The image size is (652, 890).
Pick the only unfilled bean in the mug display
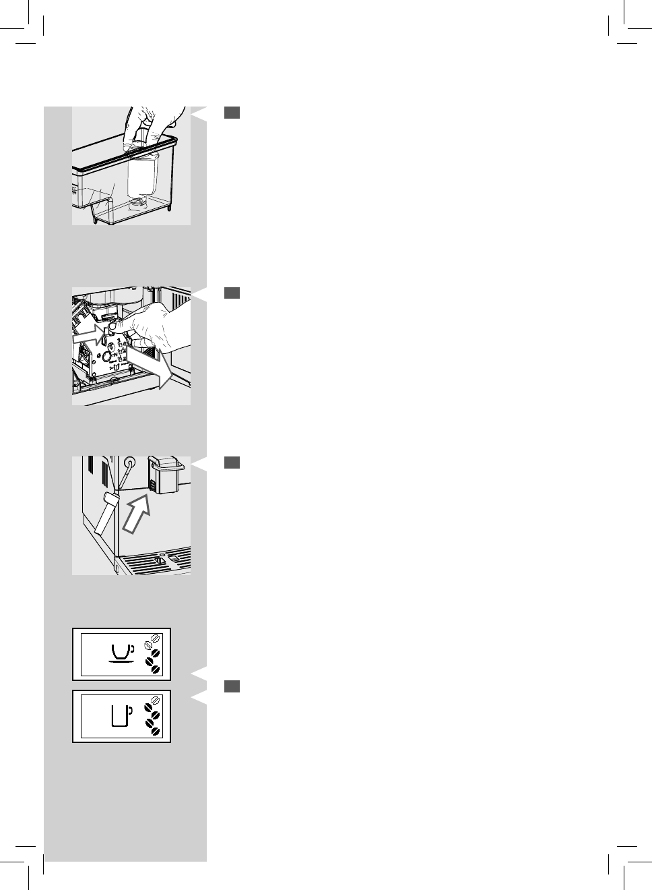[x=155, y=700]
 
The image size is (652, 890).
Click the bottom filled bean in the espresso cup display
[x=155, y=669]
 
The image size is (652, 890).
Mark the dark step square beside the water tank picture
[x=232, y=113]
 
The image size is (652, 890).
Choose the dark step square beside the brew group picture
[x=232, y=293]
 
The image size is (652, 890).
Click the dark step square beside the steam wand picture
[x=232, y=462]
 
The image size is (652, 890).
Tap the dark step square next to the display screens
[x=232, y=686]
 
